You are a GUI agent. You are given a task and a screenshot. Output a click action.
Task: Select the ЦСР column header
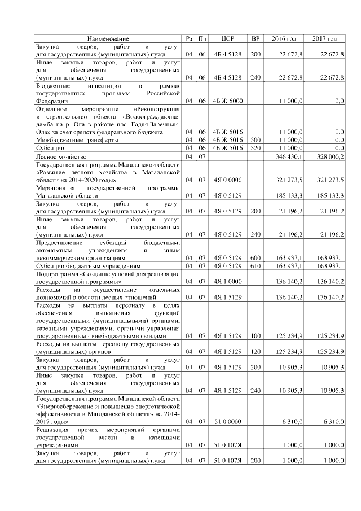(x=228, y=38)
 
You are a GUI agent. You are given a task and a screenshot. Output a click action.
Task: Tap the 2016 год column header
(x=284, y=38)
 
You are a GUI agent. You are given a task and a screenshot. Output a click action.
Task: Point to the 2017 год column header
(x=324, y=38)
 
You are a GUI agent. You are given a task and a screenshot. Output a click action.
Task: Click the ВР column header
(x=256, y=38)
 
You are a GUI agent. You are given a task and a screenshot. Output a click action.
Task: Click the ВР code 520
(x=256, y=147)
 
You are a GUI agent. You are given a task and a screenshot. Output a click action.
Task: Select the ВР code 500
(x=256, y=139)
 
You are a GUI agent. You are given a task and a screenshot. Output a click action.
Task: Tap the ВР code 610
(x=256, y=265)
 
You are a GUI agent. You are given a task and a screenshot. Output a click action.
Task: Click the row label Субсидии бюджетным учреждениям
(x=85, y=265)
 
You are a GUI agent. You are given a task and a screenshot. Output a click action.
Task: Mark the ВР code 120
(x=256, y=352)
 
